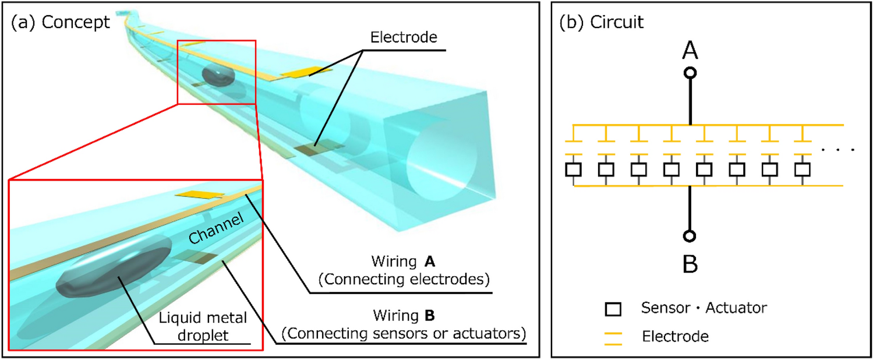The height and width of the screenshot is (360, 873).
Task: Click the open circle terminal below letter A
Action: click(x=690, y=73)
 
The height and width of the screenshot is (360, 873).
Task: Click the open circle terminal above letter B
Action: click(x=690, y=236)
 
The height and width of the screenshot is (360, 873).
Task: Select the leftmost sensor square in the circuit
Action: click(x=574, y=170)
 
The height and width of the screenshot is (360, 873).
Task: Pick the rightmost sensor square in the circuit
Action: click(x=803, y=170)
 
